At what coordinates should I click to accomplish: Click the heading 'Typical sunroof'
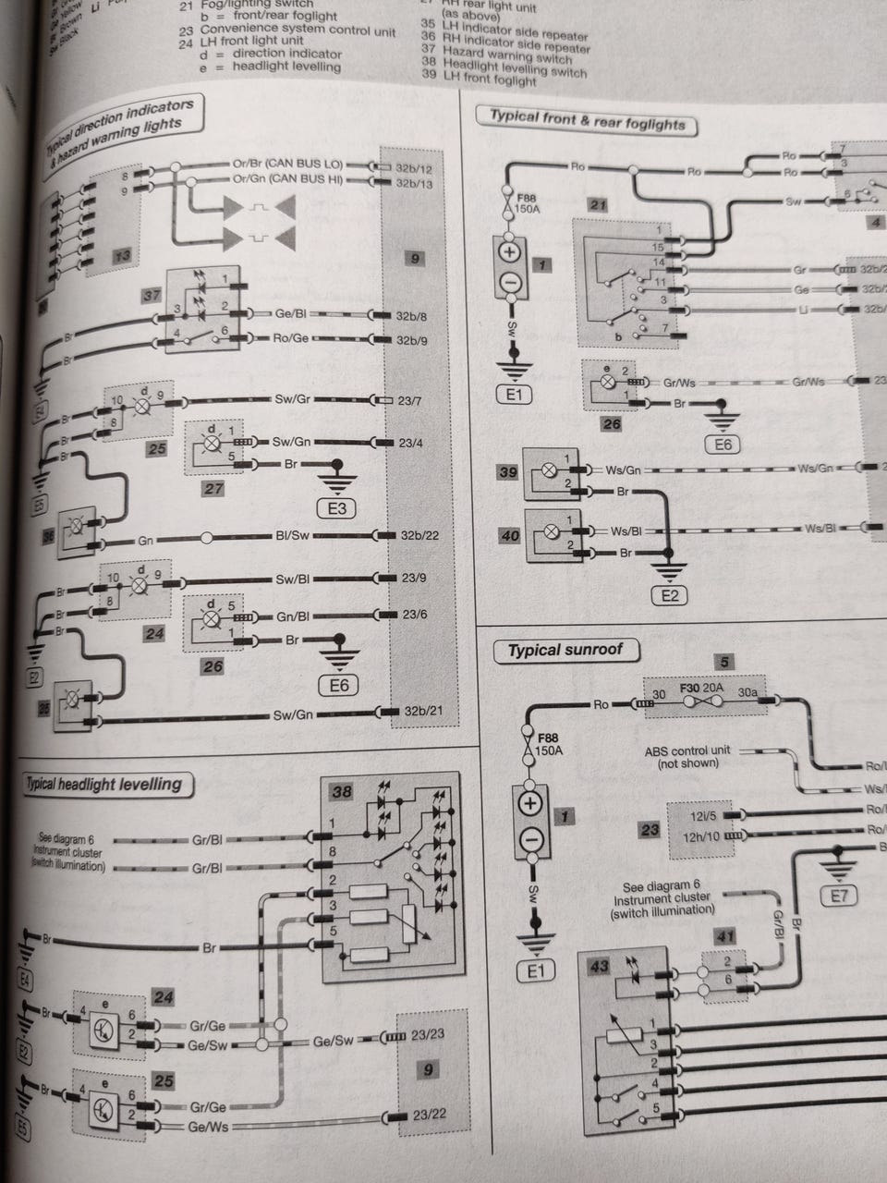coord(565,650)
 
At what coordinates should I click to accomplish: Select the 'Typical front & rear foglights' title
coord(587,120)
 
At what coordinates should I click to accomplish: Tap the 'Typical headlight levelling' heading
coord(103,785)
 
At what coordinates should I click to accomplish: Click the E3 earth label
coord(337,508)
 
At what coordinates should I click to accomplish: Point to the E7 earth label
coord(839,895)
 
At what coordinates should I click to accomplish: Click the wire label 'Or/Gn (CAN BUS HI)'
coord(287,179)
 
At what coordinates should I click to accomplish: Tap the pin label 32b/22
coord(419,535)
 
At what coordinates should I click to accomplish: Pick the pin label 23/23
coord(428,1036)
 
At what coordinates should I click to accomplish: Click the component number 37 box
coord(152,296)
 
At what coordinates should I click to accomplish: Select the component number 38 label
coord(341,791)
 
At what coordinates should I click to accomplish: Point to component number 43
coord(599,966)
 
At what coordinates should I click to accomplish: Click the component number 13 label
coord(122,256)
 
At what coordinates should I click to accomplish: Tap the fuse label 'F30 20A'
coord(702,689)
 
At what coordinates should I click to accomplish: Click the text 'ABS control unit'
coord(687,750)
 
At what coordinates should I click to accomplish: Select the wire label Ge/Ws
coord(208,1127)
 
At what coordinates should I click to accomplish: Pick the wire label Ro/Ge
coord(290,338)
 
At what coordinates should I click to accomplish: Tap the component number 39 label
coord(508,471)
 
